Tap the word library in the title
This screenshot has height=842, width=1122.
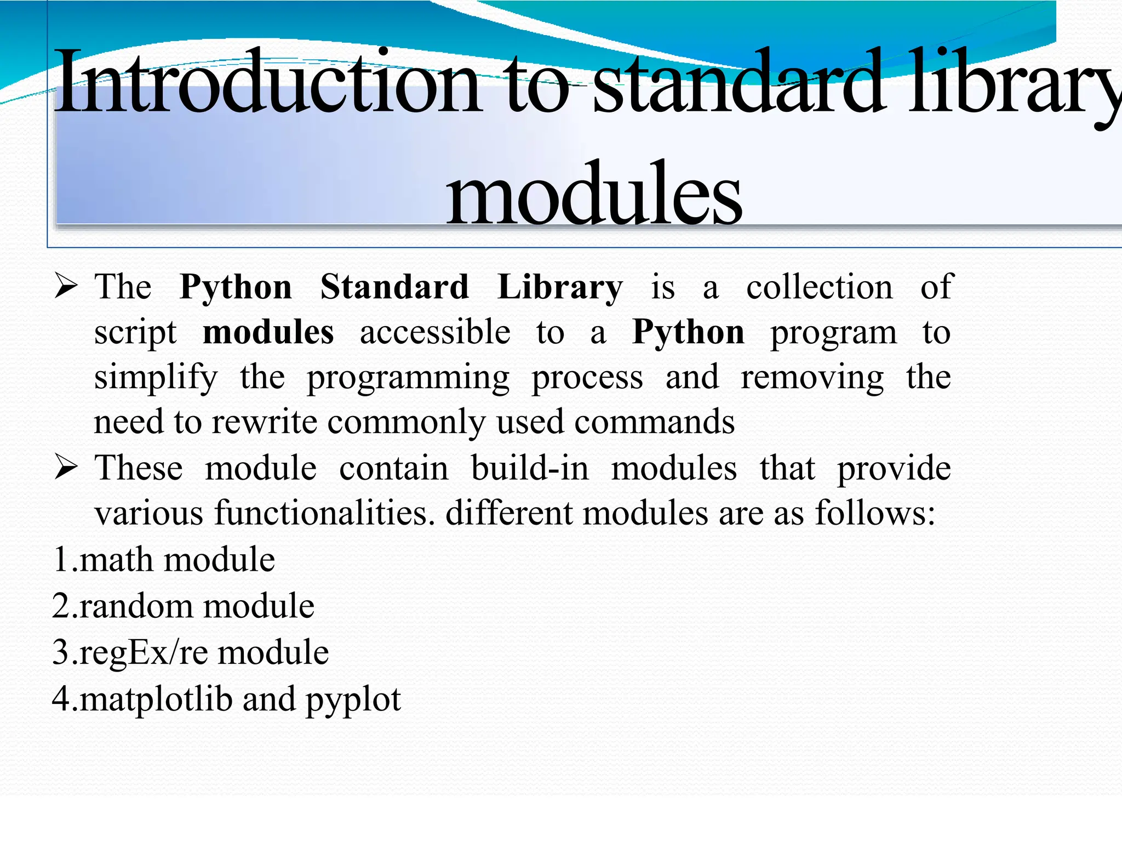pyautogui.click(x=1014, y=82)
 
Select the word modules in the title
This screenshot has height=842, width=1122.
pyautogui.click(x=594, y=195)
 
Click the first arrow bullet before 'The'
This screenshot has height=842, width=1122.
pyautogui.click(x=66, y=286)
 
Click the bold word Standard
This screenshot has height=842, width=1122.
pyautogui.click(x=394, y=287)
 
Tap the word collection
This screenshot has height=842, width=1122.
pyautogui.click(x=820, y=287)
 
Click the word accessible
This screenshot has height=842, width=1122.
pyautogui.click(x=435, y=332)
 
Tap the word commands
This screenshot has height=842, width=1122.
pyautogui.click(x=654, y=422)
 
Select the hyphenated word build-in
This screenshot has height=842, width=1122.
pyautogui.click(x=530, y=469)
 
